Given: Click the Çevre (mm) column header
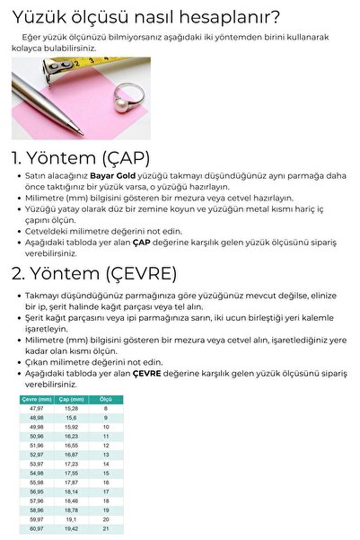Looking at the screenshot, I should pos(37,398).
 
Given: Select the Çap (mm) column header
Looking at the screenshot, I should pos(71,398).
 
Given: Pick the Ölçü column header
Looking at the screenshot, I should pos(105,398).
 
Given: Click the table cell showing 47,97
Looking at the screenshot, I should pos(37,408).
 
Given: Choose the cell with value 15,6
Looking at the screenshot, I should pos(71,418).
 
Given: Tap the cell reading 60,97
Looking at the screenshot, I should pos(37,528).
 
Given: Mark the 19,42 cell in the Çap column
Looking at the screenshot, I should pos(71,528).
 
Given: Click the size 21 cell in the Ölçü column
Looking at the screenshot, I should pos(105,528).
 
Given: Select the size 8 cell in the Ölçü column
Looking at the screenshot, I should pos(105,408).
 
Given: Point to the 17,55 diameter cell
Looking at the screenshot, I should pos(71,473).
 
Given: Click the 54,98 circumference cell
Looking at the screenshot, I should pos(37,473).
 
